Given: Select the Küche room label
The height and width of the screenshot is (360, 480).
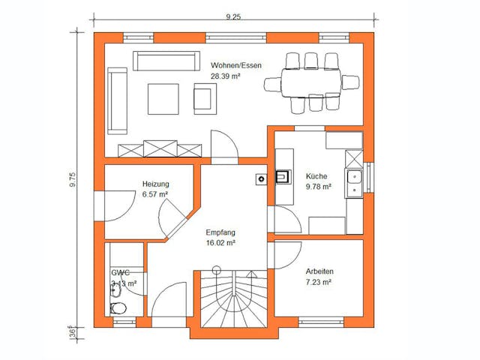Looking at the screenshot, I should (316, 177).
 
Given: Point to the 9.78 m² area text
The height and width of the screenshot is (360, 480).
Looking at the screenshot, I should (318, 187).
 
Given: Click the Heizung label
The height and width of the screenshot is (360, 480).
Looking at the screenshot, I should (155, 184).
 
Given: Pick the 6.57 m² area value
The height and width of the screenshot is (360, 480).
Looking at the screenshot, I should (155, 194).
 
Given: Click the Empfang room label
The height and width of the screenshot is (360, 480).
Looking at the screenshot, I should (220, 232).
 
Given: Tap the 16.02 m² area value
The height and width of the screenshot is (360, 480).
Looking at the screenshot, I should (221, 243).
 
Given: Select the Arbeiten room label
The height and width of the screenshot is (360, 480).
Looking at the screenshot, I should (319, 271).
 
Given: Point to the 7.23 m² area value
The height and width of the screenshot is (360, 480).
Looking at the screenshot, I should (319, 282).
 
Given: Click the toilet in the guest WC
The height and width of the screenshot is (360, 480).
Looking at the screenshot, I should (118, 308).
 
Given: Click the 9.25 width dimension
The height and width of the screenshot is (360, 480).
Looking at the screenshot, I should (234, 16).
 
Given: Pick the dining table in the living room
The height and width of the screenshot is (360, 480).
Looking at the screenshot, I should (312, 81).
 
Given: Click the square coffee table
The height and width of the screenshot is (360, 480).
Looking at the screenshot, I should (163, 98).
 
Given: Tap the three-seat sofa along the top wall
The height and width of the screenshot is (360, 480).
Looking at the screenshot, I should (167, 59).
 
